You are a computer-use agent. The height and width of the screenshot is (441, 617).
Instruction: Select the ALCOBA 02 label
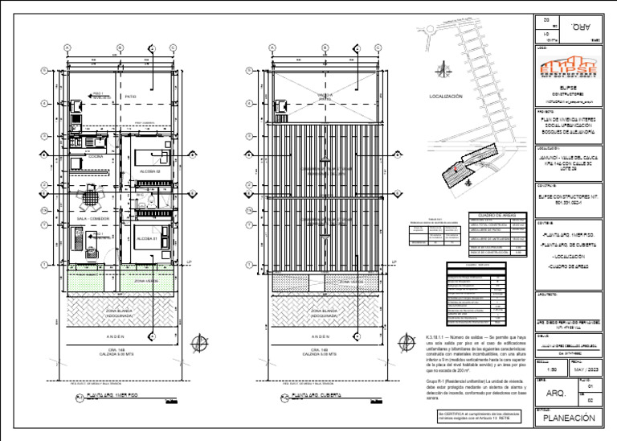pos(150,171)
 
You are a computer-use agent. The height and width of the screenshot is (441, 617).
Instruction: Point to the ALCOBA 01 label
pos(148,238)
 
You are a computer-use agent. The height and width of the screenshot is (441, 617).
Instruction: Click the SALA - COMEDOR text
pos(93,218)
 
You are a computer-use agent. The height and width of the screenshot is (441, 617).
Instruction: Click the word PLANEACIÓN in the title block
pos(569,418)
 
